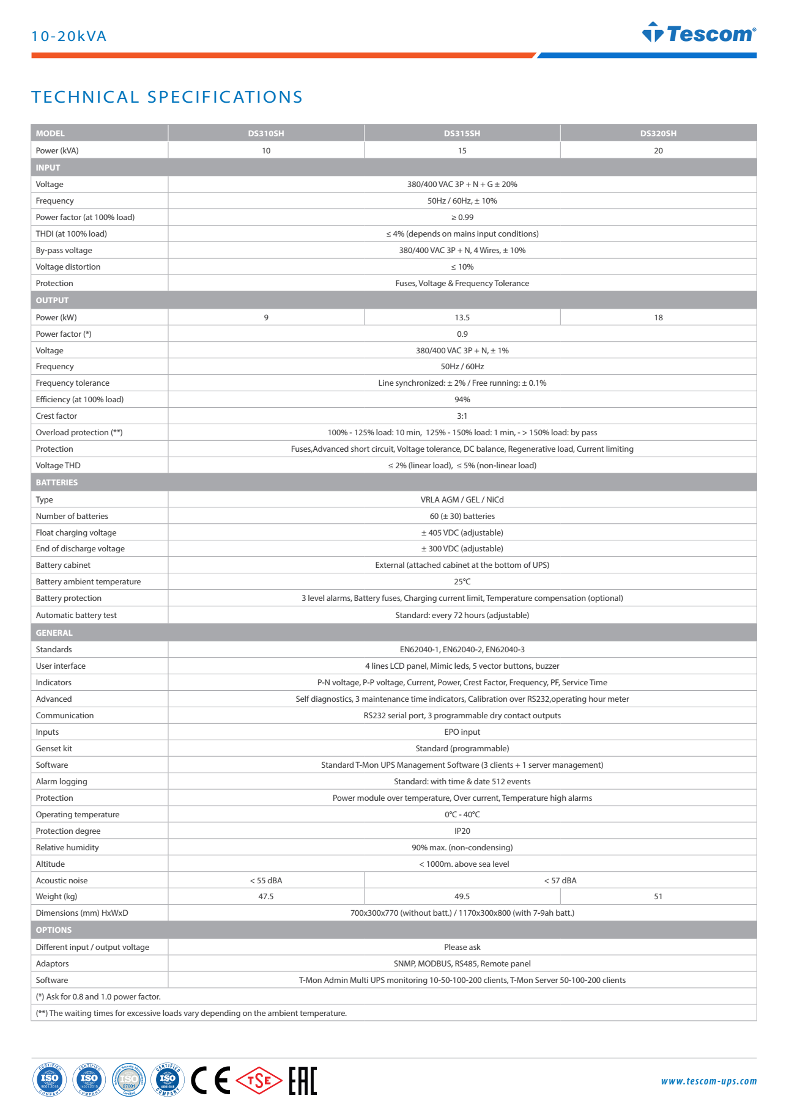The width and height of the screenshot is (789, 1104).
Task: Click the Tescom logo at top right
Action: coord(699,33)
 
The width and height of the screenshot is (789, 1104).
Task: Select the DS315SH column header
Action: coord(462,133)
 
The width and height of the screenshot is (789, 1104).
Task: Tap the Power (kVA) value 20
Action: coord(658,150)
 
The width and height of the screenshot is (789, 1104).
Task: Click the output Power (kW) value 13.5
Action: coord(462,317)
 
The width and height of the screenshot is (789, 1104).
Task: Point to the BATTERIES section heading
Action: coord(57,482)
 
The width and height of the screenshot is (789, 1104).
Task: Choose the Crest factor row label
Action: coord(56,416)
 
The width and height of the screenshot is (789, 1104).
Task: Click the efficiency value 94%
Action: coord(462,399)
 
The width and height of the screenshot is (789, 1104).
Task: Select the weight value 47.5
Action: coord(265,896)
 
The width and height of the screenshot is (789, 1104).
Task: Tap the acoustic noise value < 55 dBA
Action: coord(265,880)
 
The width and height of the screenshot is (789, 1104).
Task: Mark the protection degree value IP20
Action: coord(462,831)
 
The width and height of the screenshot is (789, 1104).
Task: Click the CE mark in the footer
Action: coord(210,1080)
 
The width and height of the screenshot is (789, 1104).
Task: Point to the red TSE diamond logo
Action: coord(259,1081)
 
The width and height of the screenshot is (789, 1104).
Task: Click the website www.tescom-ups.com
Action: coord(708,1081)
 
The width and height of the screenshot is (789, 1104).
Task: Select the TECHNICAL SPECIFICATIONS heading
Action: coord(167,97)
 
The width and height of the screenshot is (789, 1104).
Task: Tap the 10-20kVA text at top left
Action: coord(69,36)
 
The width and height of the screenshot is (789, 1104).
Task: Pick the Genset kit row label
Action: coord(54,748)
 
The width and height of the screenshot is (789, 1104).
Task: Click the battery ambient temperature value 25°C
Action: coord(462,581)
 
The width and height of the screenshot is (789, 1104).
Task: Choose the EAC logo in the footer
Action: coord(303,1080)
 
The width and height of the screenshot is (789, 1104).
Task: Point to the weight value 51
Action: coord(658,896)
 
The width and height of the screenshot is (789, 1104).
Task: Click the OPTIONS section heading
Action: coord(54,930)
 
